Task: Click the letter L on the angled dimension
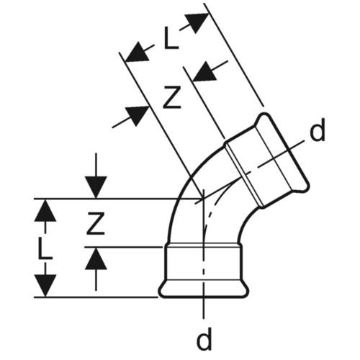point(171,38)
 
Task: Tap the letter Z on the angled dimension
point(171,98)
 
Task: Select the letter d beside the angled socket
point(318,130)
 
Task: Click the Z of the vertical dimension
point(96,223)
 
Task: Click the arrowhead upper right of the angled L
point(197,23)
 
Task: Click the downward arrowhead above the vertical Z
point(96,187)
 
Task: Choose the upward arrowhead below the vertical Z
point(96,258)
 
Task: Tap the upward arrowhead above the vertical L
point(45,210)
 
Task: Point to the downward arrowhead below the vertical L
point(45,286)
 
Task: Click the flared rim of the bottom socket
point(204,289)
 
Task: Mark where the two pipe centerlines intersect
point(204,199)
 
